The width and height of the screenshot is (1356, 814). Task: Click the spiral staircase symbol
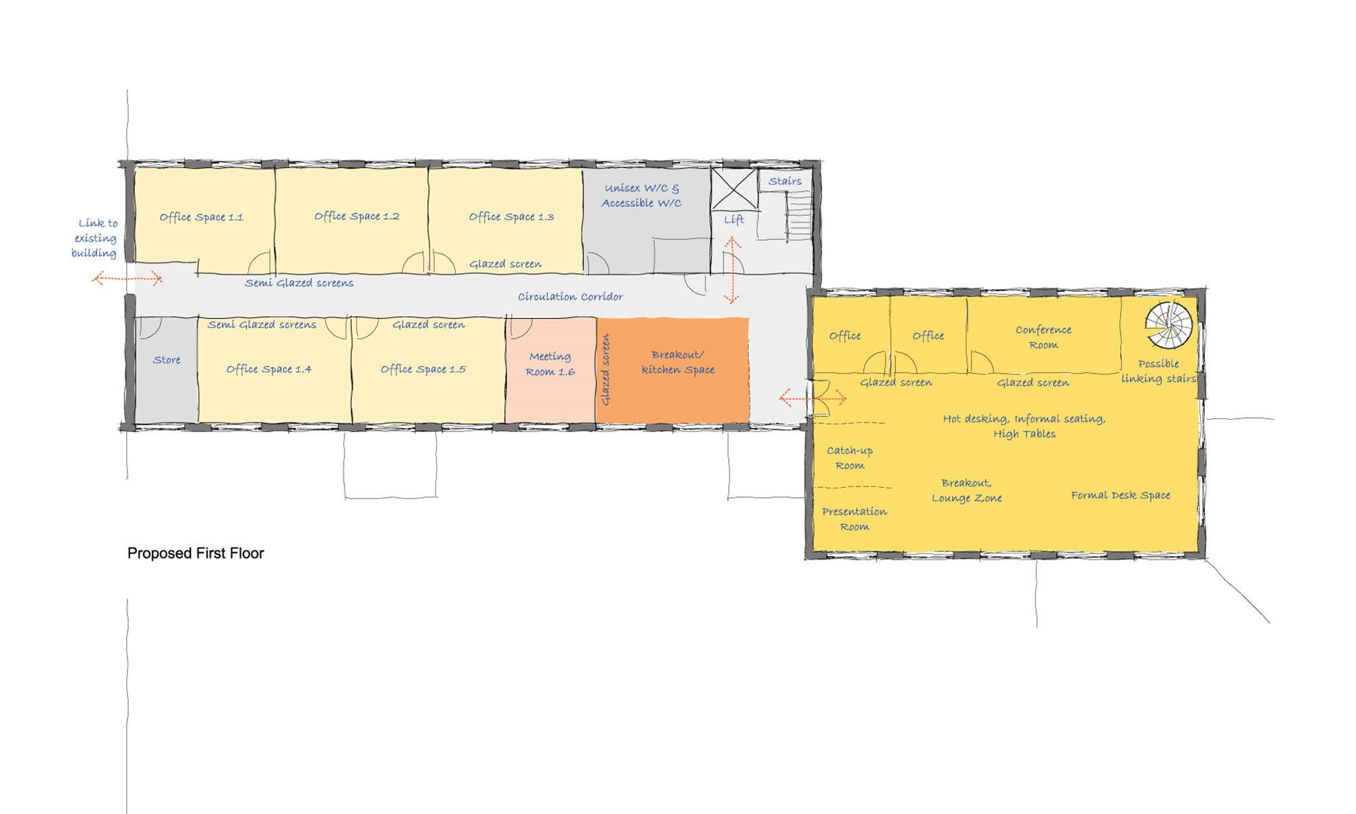1169,324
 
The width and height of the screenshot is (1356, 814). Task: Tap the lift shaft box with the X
734,189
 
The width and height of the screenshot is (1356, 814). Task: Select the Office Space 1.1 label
201,217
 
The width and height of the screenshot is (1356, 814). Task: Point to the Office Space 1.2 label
357,216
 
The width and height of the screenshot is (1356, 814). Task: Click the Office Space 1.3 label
511,217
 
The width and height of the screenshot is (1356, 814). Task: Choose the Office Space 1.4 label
269,369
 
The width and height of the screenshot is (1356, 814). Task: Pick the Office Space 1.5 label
423,369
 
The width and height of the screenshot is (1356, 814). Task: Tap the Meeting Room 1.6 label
550,364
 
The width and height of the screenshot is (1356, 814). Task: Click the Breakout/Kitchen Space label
678,362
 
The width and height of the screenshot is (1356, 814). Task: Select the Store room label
167,360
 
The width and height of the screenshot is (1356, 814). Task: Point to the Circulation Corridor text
570,296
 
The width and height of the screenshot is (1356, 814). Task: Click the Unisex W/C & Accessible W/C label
641,195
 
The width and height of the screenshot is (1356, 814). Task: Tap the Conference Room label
1043,337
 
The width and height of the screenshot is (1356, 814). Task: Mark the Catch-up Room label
850,458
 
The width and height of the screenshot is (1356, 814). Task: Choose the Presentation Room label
854,519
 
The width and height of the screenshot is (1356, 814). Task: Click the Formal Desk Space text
1121,495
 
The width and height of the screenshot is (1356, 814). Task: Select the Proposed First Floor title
195,554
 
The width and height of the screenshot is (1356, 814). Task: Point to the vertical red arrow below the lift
732,270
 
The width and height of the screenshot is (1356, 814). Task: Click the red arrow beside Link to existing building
127,278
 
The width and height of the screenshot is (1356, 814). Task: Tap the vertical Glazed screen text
605,370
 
